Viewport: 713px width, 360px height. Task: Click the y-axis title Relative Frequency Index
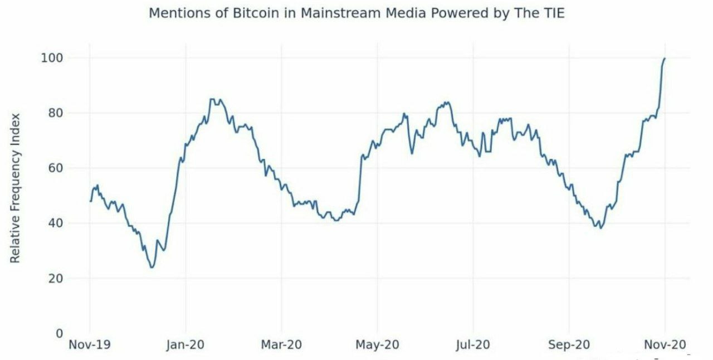click(x=16, y=188)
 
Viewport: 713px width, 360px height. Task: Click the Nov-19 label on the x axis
click(x=89, y=345)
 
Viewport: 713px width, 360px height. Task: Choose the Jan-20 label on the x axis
click(x=185, y=345)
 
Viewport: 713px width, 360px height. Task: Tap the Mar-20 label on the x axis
click(x=281, y=345)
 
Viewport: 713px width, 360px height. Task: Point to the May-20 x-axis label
click(x=377, y=345)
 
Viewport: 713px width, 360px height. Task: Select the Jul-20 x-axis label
click(x=473, y=345)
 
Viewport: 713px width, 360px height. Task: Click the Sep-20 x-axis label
click(x=569, y=345)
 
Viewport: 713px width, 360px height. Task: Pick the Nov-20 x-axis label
click(x=665, y=345)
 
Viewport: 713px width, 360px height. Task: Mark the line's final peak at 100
click(x=665, y=58)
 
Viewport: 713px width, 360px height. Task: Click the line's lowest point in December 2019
click(x=152, y=267)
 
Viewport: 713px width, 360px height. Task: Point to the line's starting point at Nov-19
click(x=90, y=201)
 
